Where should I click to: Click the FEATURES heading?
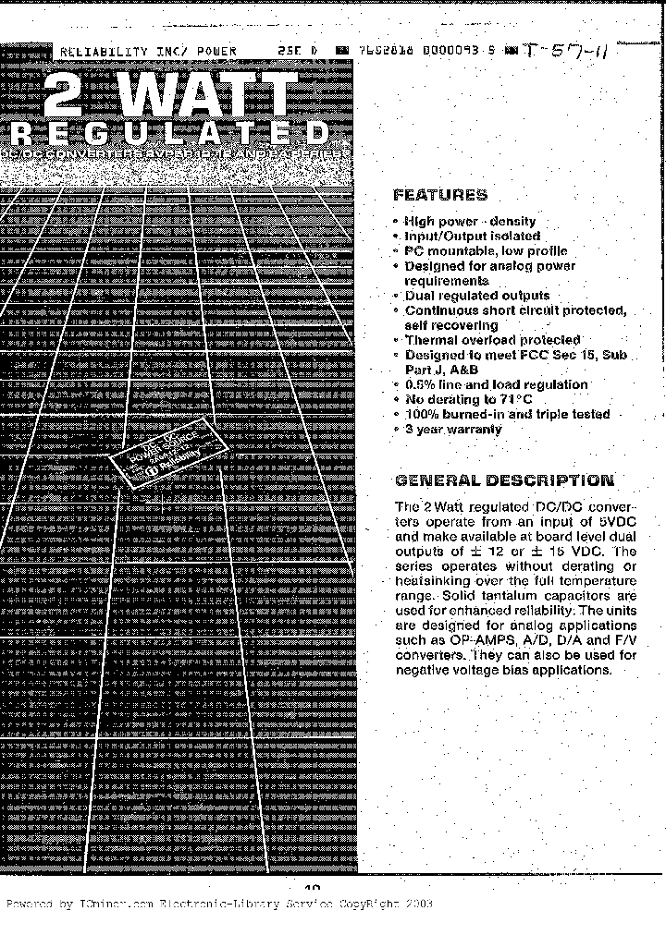[439, 195]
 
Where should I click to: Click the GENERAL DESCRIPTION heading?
[503, 480]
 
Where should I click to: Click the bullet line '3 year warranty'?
[453, 430]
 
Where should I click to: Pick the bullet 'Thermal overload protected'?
[492, 340]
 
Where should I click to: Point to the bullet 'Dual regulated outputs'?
[476, 296]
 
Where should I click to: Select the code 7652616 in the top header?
[384, 52]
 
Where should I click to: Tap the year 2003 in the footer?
[417, 905]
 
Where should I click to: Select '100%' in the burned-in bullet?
[422, 415]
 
